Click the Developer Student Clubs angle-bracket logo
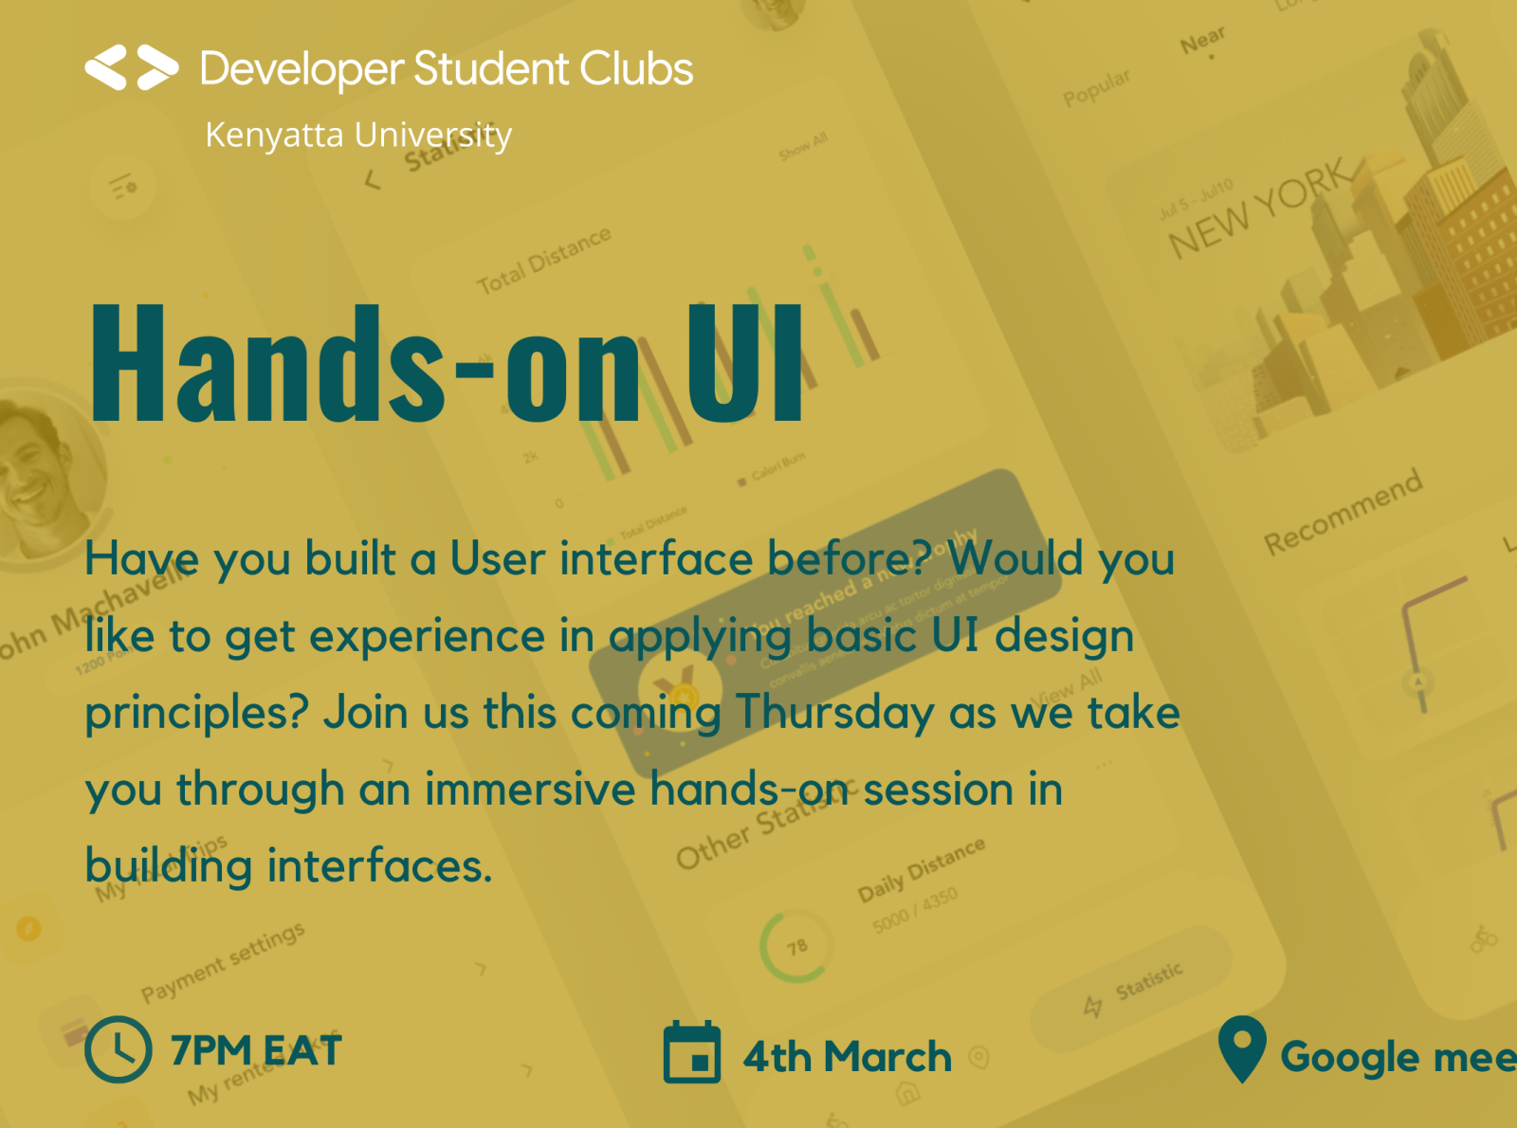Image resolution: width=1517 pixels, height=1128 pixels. [132, 68]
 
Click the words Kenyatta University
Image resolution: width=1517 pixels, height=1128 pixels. [358, 135]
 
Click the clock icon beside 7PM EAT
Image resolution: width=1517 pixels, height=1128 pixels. [119, 1049]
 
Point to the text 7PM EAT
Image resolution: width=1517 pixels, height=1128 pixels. [256, 1050]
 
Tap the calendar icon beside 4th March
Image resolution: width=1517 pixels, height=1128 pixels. [692, 1052]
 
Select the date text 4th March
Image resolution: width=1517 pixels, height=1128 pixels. [847, 1057]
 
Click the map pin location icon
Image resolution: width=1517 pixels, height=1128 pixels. [1242, 1047]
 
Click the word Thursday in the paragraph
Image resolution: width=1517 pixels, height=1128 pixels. [834, 713]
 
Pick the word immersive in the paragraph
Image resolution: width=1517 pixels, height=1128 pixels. [529, 790]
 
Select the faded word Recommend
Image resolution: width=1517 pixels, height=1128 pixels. [1343, 512]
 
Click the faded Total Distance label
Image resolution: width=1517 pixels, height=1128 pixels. [543, 261]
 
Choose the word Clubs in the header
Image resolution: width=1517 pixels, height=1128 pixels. [636, 69]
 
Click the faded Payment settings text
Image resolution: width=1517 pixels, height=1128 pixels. [223, 961]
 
